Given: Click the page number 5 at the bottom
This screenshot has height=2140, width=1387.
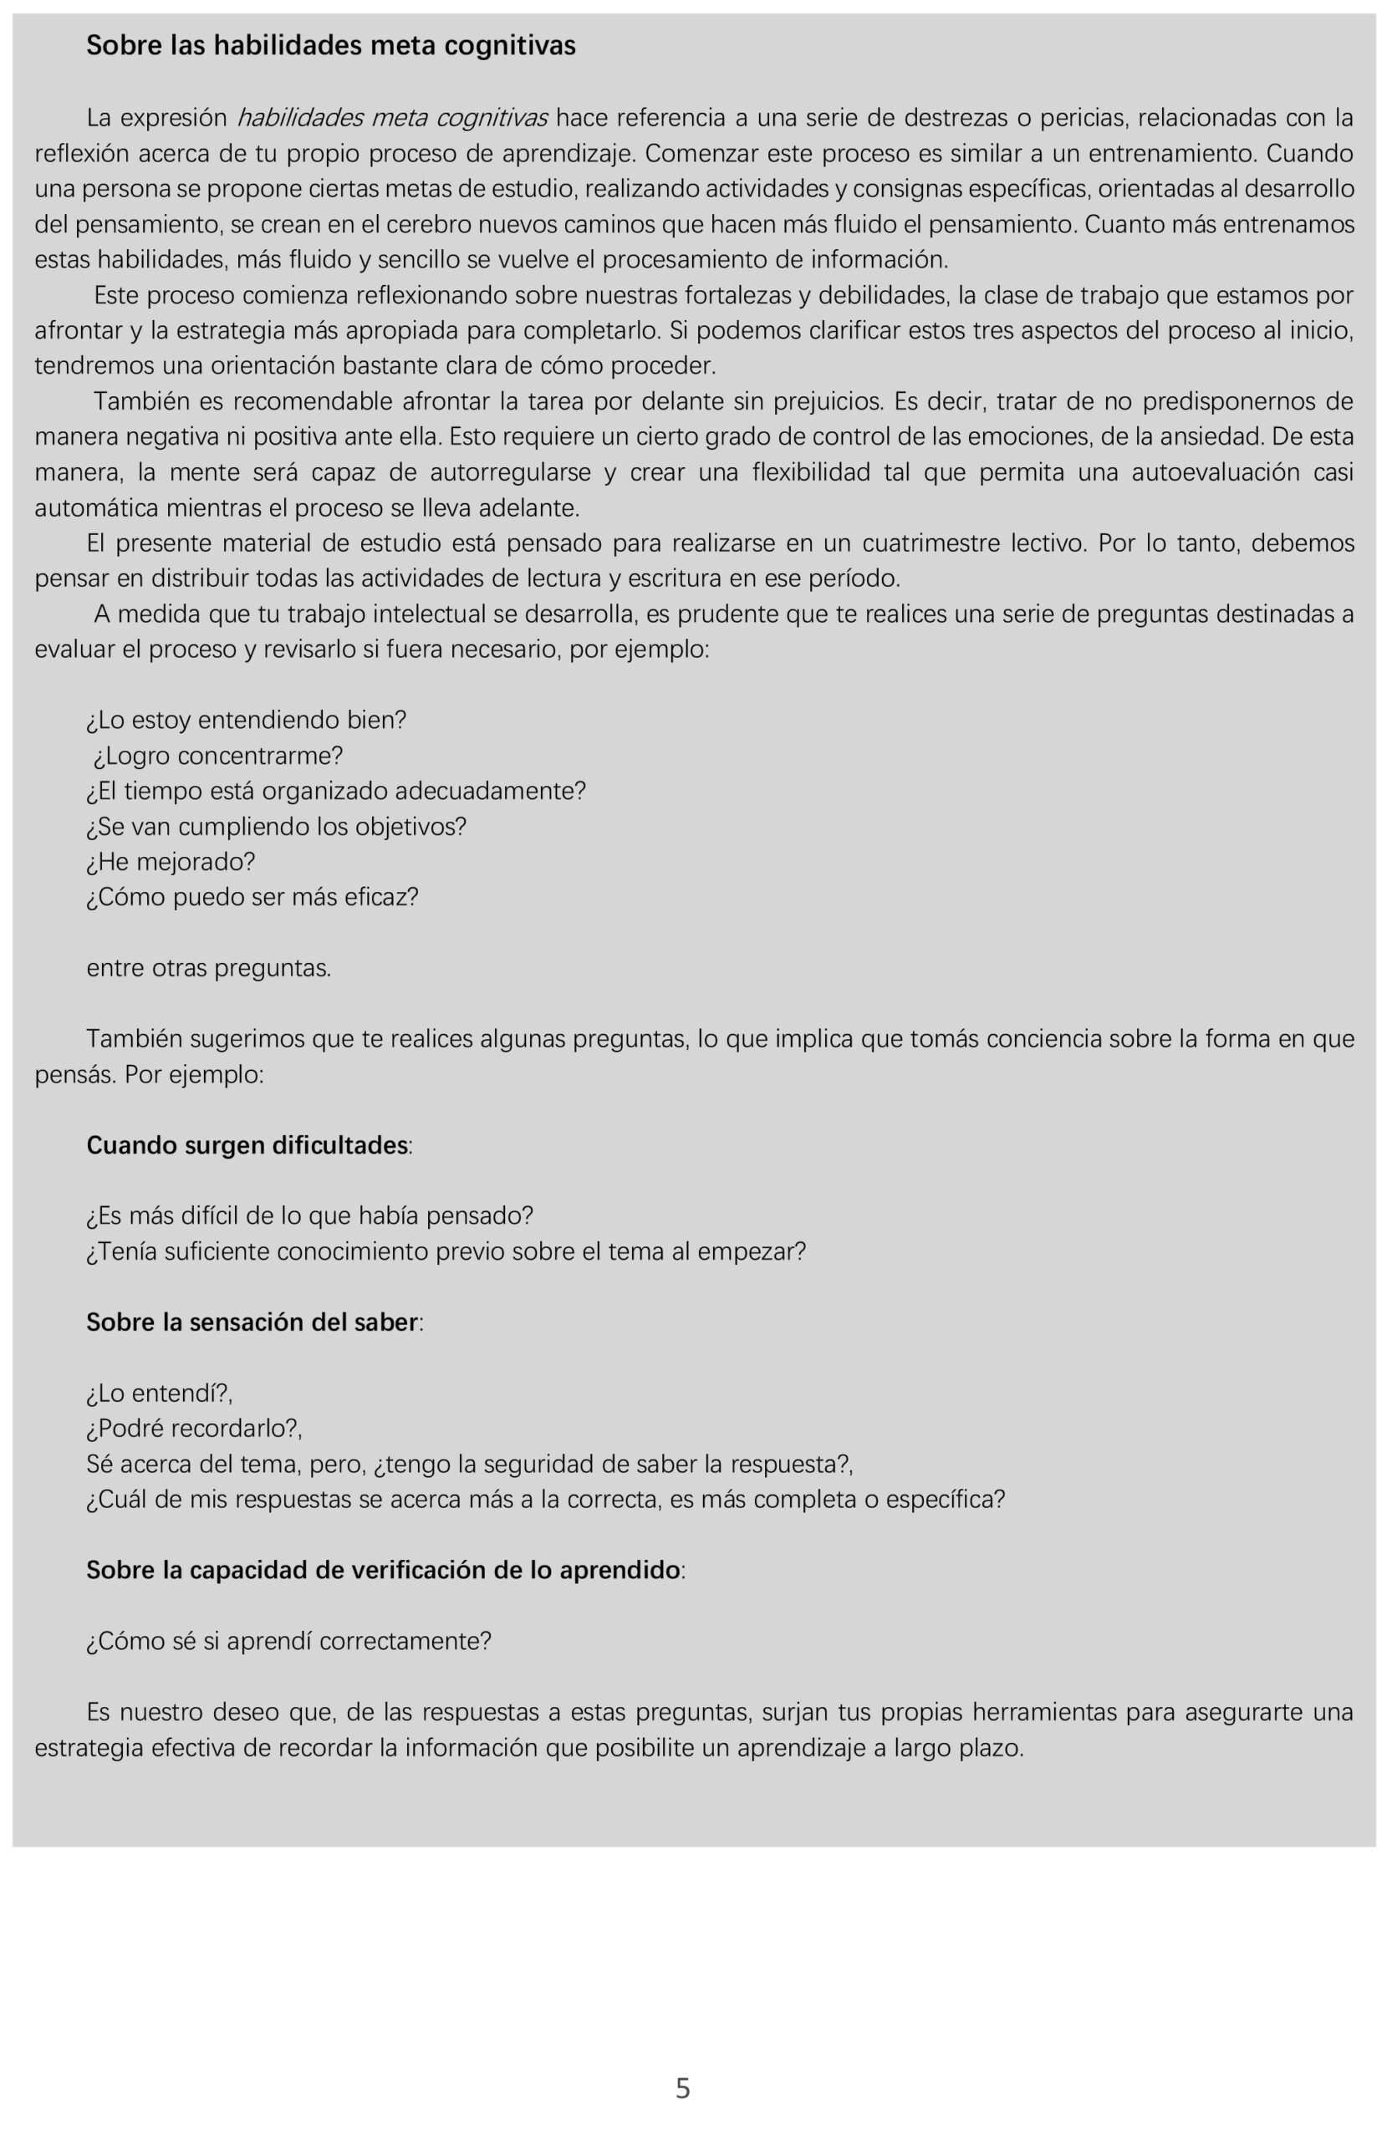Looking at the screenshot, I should [x=683, y=2087].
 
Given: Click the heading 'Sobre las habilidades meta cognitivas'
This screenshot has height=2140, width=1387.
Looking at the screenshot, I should [x=331, y=46].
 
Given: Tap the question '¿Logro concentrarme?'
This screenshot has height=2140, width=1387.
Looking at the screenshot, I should [x=217, y=756].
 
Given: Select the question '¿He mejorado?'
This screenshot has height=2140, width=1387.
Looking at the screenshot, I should [x=171, y=861].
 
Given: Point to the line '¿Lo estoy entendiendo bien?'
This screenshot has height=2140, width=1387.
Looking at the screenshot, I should [x=247, y=721].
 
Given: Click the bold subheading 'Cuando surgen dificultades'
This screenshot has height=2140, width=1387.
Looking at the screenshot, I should [x=248, y=1144].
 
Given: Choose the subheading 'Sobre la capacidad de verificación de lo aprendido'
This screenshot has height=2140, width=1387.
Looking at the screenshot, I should [x=384, y=1569].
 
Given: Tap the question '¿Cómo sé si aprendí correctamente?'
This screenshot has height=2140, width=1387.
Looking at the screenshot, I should [x=288, y=1641].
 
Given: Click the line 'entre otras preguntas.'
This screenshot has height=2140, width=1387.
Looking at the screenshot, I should [x=209, y=967].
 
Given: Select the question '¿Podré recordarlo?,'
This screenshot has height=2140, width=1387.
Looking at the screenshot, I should [x=194, y=1428].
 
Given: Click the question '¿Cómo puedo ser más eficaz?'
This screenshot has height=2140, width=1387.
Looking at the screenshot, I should [x=252, y=896].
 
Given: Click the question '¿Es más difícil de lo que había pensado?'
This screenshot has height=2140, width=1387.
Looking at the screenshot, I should [x=310, y=1215].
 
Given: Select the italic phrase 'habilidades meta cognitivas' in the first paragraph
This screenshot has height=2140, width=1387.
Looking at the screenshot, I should [x=392, y=118].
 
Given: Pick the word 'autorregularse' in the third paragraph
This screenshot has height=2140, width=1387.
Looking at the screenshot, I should [x=510, y=473].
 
